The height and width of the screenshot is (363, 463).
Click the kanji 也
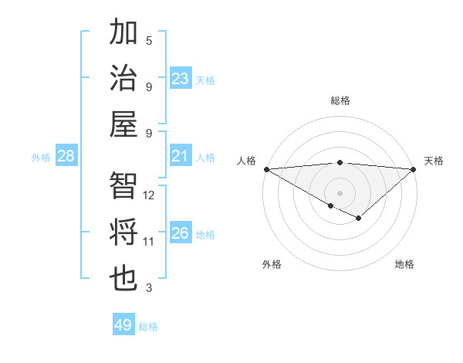(123, 276)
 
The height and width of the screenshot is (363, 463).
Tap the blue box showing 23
(181, 79)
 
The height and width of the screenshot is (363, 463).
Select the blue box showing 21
(181, 156)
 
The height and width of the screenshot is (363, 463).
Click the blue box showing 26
(181, 233)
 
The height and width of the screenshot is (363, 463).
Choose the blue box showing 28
(66, 156)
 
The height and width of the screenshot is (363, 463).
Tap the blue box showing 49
(123, 325)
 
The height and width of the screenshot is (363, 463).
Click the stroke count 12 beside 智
(149, 195)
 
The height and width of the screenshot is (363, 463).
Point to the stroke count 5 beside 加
(149, 41)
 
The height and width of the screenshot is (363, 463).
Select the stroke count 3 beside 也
(149, 288)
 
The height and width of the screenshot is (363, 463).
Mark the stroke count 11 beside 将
(149, 242)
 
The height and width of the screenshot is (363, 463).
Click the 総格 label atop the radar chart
(340, 100)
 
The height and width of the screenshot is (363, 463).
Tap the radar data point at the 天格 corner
(414, 169)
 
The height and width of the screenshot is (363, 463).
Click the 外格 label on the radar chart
(272, 265)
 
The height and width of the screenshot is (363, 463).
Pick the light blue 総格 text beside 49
(148, 327)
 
